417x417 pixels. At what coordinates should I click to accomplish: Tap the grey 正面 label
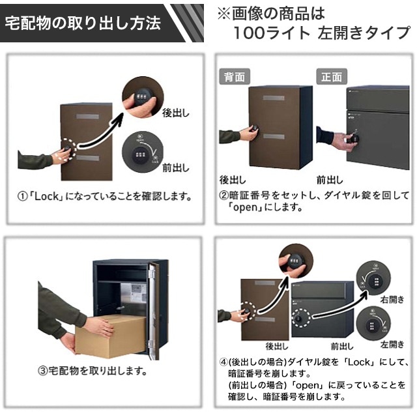click(x=331, y=76)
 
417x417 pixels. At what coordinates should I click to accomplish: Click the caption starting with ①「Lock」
click(x=105, y=195)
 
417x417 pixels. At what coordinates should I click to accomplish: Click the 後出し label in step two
click(x=232, y=179)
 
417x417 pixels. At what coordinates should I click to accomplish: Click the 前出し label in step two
click(x=330, y=179)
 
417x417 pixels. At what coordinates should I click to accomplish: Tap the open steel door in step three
click(x=152, y=309)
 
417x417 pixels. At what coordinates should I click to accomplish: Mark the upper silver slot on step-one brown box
click(x=87, y=117)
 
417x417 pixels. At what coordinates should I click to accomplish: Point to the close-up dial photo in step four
click(x=295, y=261)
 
